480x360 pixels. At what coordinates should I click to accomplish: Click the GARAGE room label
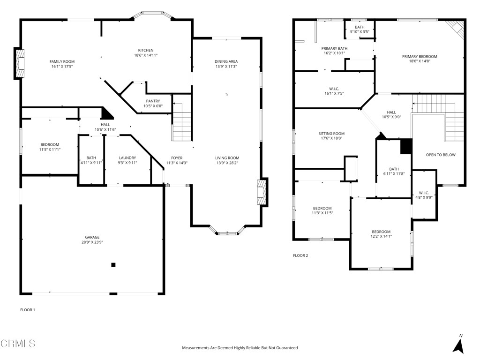[x=92, y=237]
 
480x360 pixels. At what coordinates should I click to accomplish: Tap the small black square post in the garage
[x=113, y=265]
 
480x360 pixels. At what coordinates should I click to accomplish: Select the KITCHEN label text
[x=145, y=51]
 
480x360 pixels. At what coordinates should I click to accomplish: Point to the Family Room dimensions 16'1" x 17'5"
[x=62, y=67]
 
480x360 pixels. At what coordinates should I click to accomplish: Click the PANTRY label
[x=153, y=101]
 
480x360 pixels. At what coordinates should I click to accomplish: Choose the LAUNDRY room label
[x=127, y=158]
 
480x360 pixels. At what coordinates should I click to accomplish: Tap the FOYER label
[x=177, y=158]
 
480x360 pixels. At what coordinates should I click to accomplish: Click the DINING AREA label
[x=226, y=61]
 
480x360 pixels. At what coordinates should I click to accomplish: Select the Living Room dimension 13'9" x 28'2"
[x=227, y=163]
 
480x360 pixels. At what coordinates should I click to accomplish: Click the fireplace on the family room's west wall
[x=20, y=62]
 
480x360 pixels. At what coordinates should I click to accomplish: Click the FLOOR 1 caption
[x=28, y=310]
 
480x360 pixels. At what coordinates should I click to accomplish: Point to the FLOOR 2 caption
[x=300, y=255]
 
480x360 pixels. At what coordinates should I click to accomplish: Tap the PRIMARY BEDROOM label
[x=420, y=57]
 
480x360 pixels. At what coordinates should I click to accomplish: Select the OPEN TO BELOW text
[x=440, y=155]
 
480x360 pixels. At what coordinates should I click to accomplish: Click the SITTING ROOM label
[x=331, y=134]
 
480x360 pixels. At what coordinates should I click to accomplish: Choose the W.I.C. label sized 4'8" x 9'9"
[x=424, y=193]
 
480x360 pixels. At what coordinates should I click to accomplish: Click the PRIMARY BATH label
[x=334, y=48]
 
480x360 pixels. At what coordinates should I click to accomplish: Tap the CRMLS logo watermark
[x=18, y=344]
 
